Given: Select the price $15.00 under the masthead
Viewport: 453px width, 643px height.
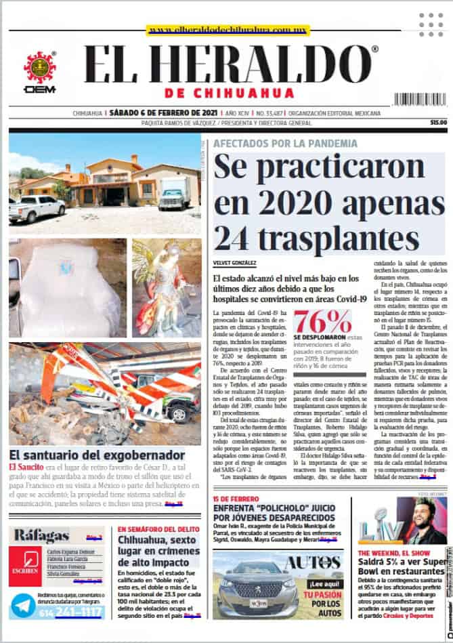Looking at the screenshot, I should [438, 123].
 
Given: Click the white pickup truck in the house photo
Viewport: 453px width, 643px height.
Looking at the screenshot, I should [37, 208].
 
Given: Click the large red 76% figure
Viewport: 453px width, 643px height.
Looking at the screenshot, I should [322, 322].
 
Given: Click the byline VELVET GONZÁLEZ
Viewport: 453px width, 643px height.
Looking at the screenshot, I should [234, 263].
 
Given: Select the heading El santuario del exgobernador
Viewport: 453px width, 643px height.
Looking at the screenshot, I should [97, 455].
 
